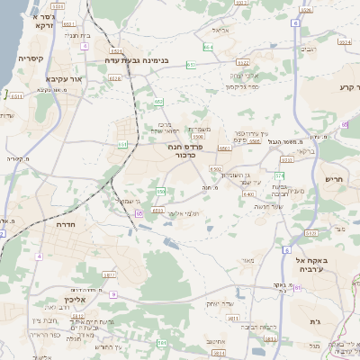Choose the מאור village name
248,261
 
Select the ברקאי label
306,151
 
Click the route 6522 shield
242,63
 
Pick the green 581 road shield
162,343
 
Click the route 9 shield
112,293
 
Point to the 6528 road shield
115,78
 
